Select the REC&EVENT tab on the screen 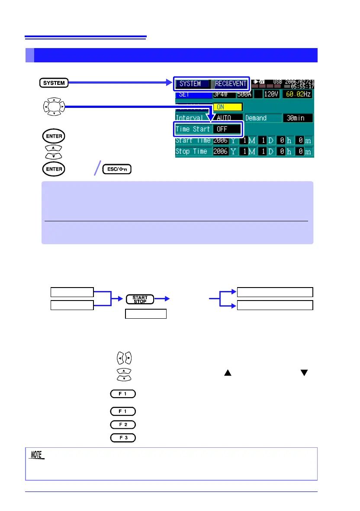coord(231,84)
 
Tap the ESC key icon coord(117,169)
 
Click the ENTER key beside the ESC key coord(54,169)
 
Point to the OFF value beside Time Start coord(225,129)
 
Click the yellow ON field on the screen coord(228,107)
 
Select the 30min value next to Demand coord(298,118)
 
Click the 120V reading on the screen coord(272,95)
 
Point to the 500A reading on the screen coord(246,95)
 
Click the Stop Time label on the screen coord(193,152)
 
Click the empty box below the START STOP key coord(146,314)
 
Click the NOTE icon coord(38,455)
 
